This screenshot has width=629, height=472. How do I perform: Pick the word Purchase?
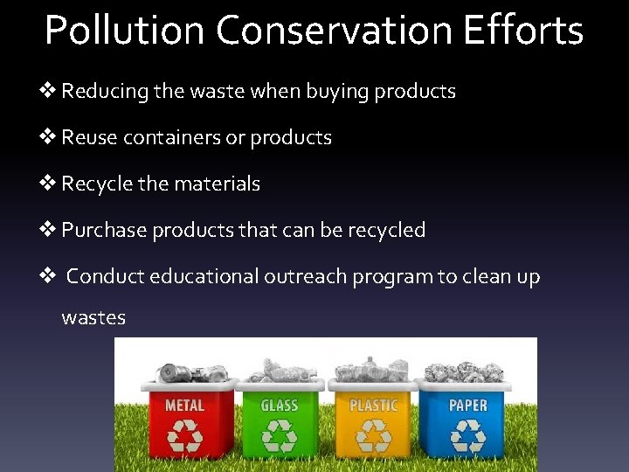click(x=104, y=231)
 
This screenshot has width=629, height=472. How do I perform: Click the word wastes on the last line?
click(x=93, y=318)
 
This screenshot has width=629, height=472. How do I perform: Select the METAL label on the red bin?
click(x=184, y=406)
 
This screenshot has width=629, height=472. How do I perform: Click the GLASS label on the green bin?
click(x=280, y=406)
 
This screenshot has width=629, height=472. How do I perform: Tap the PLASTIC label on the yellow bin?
click(x=373, y=406)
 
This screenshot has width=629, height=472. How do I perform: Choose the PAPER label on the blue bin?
click(x=468, y=406)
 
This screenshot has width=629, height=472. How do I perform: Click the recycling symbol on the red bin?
click(x=184, y=436)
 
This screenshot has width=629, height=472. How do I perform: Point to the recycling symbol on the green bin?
click(x=280, y=436)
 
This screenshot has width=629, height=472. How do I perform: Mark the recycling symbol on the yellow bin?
click(x=373, y=436)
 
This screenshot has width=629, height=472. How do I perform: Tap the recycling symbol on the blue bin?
click(x=468, y=436)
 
